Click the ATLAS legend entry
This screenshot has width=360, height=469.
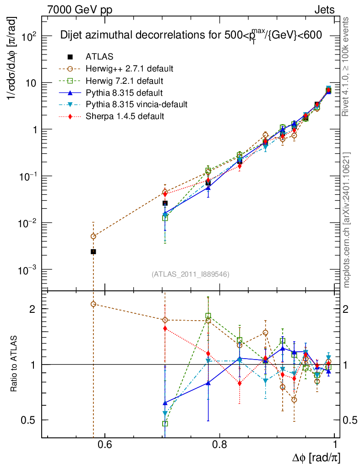click(99, 57)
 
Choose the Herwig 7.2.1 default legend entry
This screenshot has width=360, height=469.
click(125, 81)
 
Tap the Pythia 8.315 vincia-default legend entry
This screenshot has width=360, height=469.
click(136, 104)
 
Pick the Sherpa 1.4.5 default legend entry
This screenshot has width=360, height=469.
click(125, 116)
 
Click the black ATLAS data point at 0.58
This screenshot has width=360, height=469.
click(93, 251)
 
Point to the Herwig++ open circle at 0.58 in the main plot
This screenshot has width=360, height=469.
click(93, 236)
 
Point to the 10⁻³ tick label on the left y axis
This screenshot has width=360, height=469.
click(27, 270)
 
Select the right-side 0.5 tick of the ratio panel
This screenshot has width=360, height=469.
click(349, 420)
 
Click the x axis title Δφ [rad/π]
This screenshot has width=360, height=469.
click(316, 458)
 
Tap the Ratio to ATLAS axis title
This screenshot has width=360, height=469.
click(14, 364)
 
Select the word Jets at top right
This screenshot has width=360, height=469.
click(324, 9)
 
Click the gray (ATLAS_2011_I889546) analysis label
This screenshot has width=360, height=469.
click(190, 274)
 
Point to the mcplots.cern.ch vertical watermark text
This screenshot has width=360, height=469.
click(347, 220)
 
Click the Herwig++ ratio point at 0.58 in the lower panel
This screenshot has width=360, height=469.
click(93, 304)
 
